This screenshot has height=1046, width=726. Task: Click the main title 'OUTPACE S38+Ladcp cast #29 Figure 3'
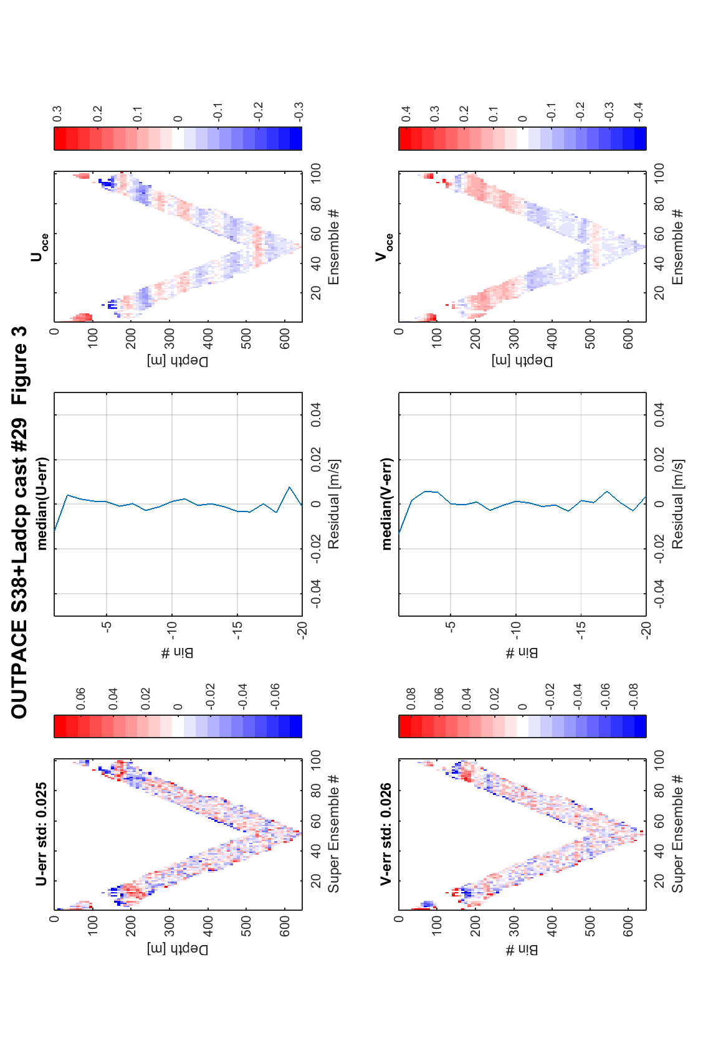pyautogui.click(x=19, y=523)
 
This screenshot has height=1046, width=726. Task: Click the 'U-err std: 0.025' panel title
pyautogui.click(x=41, y=834)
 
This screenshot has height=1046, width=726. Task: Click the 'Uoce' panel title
pyautogui.click(x=40, y=247)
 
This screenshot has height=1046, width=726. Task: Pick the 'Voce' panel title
pyautogui.click(x=384, y=247)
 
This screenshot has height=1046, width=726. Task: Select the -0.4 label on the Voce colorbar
pyautogui.click(x=638, y=112)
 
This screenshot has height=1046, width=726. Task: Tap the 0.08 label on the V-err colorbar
pyautogui.click(x=411, y=698)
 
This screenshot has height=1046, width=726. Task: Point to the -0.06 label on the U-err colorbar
pyautogui.click(x=275, y=697)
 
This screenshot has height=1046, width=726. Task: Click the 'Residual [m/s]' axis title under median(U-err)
pyautogui.click(x=333, y=505)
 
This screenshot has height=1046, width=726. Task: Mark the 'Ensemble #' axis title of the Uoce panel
pyautogui.click(x=333, y=247)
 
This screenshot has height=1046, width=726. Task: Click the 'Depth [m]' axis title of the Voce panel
pyautogui.click(x=522, y=361)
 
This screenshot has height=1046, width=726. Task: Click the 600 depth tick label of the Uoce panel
pyautogui.click(x=285, y=338)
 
